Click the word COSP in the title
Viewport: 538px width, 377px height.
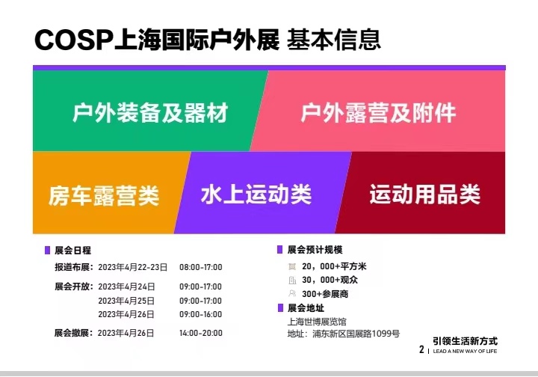click(x=73, y=40)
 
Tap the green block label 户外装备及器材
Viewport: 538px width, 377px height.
click(x=150, y=113)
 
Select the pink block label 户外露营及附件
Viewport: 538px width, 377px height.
click(x=378, y=113)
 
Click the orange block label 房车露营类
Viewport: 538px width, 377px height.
click(x=104, y=196)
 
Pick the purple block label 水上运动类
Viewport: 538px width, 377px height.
click(x=256, y=194)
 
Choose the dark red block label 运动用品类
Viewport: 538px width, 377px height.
click(x=424, y=194)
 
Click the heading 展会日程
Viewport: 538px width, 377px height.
click(x=72, y=251)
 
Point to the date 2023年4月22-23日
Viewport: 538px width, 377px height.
click(x=133, y=267)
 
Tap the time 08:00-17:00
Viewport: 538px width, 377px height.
click(x=201, y=267)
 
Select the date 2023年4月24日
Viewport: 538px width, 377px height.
click(x=126, y=286)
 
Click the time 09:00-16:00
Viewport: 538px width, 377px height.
click(x=201, y=314)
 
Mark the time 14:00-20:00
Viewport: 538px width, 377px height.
click(x=201, y=333)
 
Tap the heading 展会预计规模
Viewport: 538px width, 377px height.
click(x=315, y=250)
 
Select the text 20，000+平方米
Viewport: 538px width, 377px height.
click(x=334, y=266)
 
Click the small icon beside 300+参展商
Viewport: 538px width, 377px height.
click(x=292, y=293)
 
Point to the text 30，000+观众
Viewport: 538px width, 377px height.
click(x=330, y=281)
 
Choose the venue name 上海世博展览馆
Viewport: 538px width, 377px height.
click(x=317, y=322)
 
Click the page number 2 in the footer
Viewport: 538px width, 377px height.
click(x=421, y=349)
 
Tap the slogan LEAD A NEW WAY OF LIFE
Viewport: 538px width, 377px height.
click(x=465, y=352)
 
